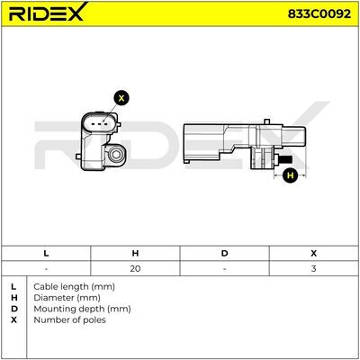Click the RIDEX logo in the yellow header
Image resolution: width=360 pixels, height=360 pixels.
pos(48,12)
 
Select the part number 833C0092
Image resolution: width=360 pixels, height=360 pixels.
pos(319,13)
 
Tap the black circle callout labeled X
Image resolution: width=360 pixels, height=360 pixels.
pos(121,98)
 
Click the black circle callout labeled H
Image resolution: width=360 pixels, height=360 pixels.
pos(290,175)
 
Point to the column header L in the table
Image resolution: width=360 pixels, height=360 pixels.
pos(46,254)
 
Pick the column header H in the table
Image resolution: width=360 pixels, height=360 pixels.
pos(135,254)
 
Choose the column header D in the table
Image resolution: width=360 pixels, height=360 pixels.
pos(224,254)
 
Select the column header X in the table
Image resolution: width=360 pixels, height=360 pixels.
pos(314,254)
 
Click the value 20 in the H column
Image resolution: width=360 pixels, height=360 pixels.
pos(135,268)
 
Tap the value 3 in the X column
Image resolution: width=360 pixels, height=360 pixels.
pos(314,268)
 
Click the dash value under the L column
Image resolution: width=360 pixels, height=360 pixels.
pos(46,268)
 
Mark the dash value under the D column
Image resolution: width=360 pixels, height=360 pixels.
pos(224,268)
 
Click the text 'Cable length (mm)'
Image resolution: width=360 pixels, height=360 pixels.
pos(74,287)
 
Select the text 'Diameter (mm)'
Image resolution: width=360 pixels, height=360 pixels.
pos(67,298)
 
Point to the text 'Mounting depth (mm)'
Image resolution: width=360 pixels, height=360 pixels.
pos(82,309)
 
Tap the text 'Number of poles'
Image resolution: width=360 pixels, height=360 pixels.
pos(69,320)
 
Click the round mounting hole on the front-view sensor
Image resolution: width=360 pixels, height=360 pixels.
pos(115,154)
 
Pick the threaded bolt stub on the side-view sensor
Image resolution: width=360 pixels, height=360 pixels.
pos(286,159)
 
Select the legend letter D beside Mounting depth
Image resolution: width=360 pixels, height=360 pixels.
pos(13,309)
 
